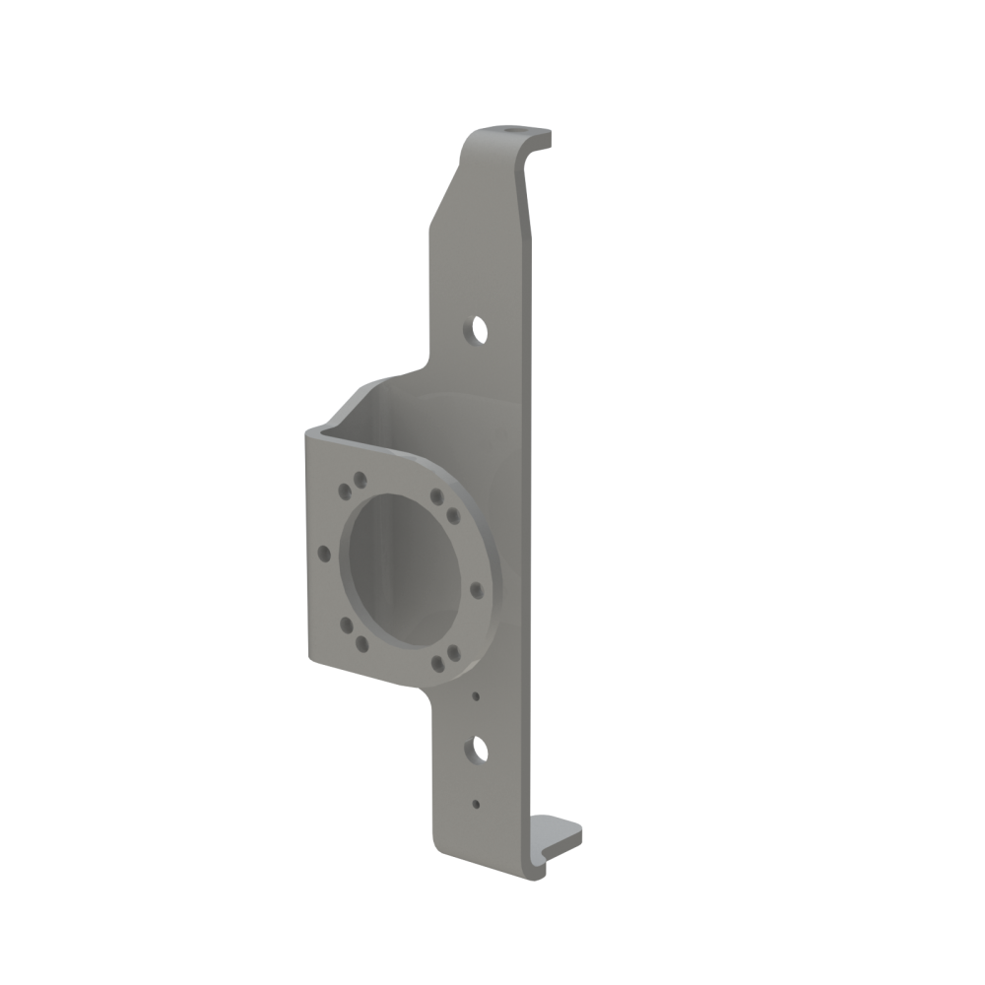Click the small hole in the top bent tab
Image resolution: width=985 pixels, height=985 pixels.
click(x=510, y=130)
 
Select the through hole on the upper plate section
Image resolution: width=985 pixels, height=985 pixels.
click(x=478, y=328)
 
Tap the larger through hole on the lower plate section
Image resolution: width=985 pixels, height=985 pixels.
click(x=479, y=751)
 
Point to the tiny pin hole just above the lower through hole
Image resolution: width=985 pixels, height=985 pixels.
click(x=476, y=696)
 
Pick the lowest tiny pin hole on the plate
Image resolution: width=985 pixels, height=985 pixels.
click(x=476, y=804)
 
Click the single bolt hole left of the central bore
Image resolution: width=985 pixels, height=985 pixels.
click(x=323, y=554)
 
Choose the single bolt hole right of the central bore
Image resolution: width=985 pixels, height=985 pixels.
click(x=476, y=590)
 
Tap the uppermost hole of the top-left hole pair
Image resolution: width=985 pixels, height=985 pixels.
click(x=361, y=479)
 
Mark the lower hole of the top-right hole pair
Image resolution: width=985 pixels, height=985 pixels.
click(x=452, y=513)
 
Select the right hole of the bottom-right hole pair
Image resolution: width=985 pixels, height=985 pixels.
click(x=452, y=653)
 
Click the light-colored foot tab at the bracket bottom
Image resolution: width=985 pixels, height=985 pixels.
click(x=558, y=837)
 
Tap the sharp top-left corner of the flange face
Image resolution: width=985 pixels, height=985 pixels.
click(x=308, y=429)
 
